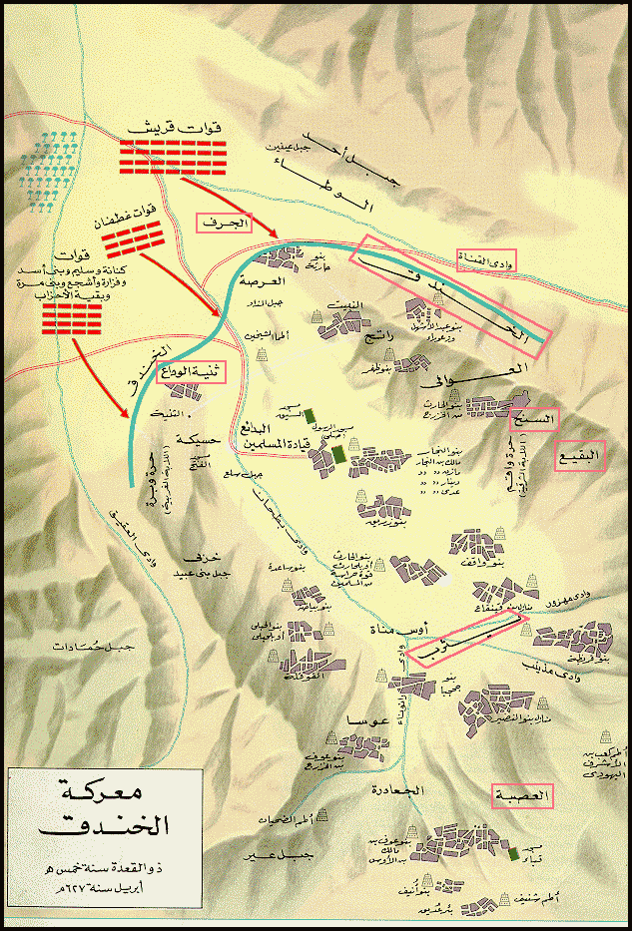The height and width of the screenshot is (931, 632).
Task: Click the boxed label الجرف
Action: (224, 225)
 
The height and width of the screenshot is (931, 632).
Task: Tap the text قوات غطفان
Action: (135, 215)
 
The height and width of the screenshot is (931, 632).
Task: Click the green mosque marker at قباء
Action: (513, 854)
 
